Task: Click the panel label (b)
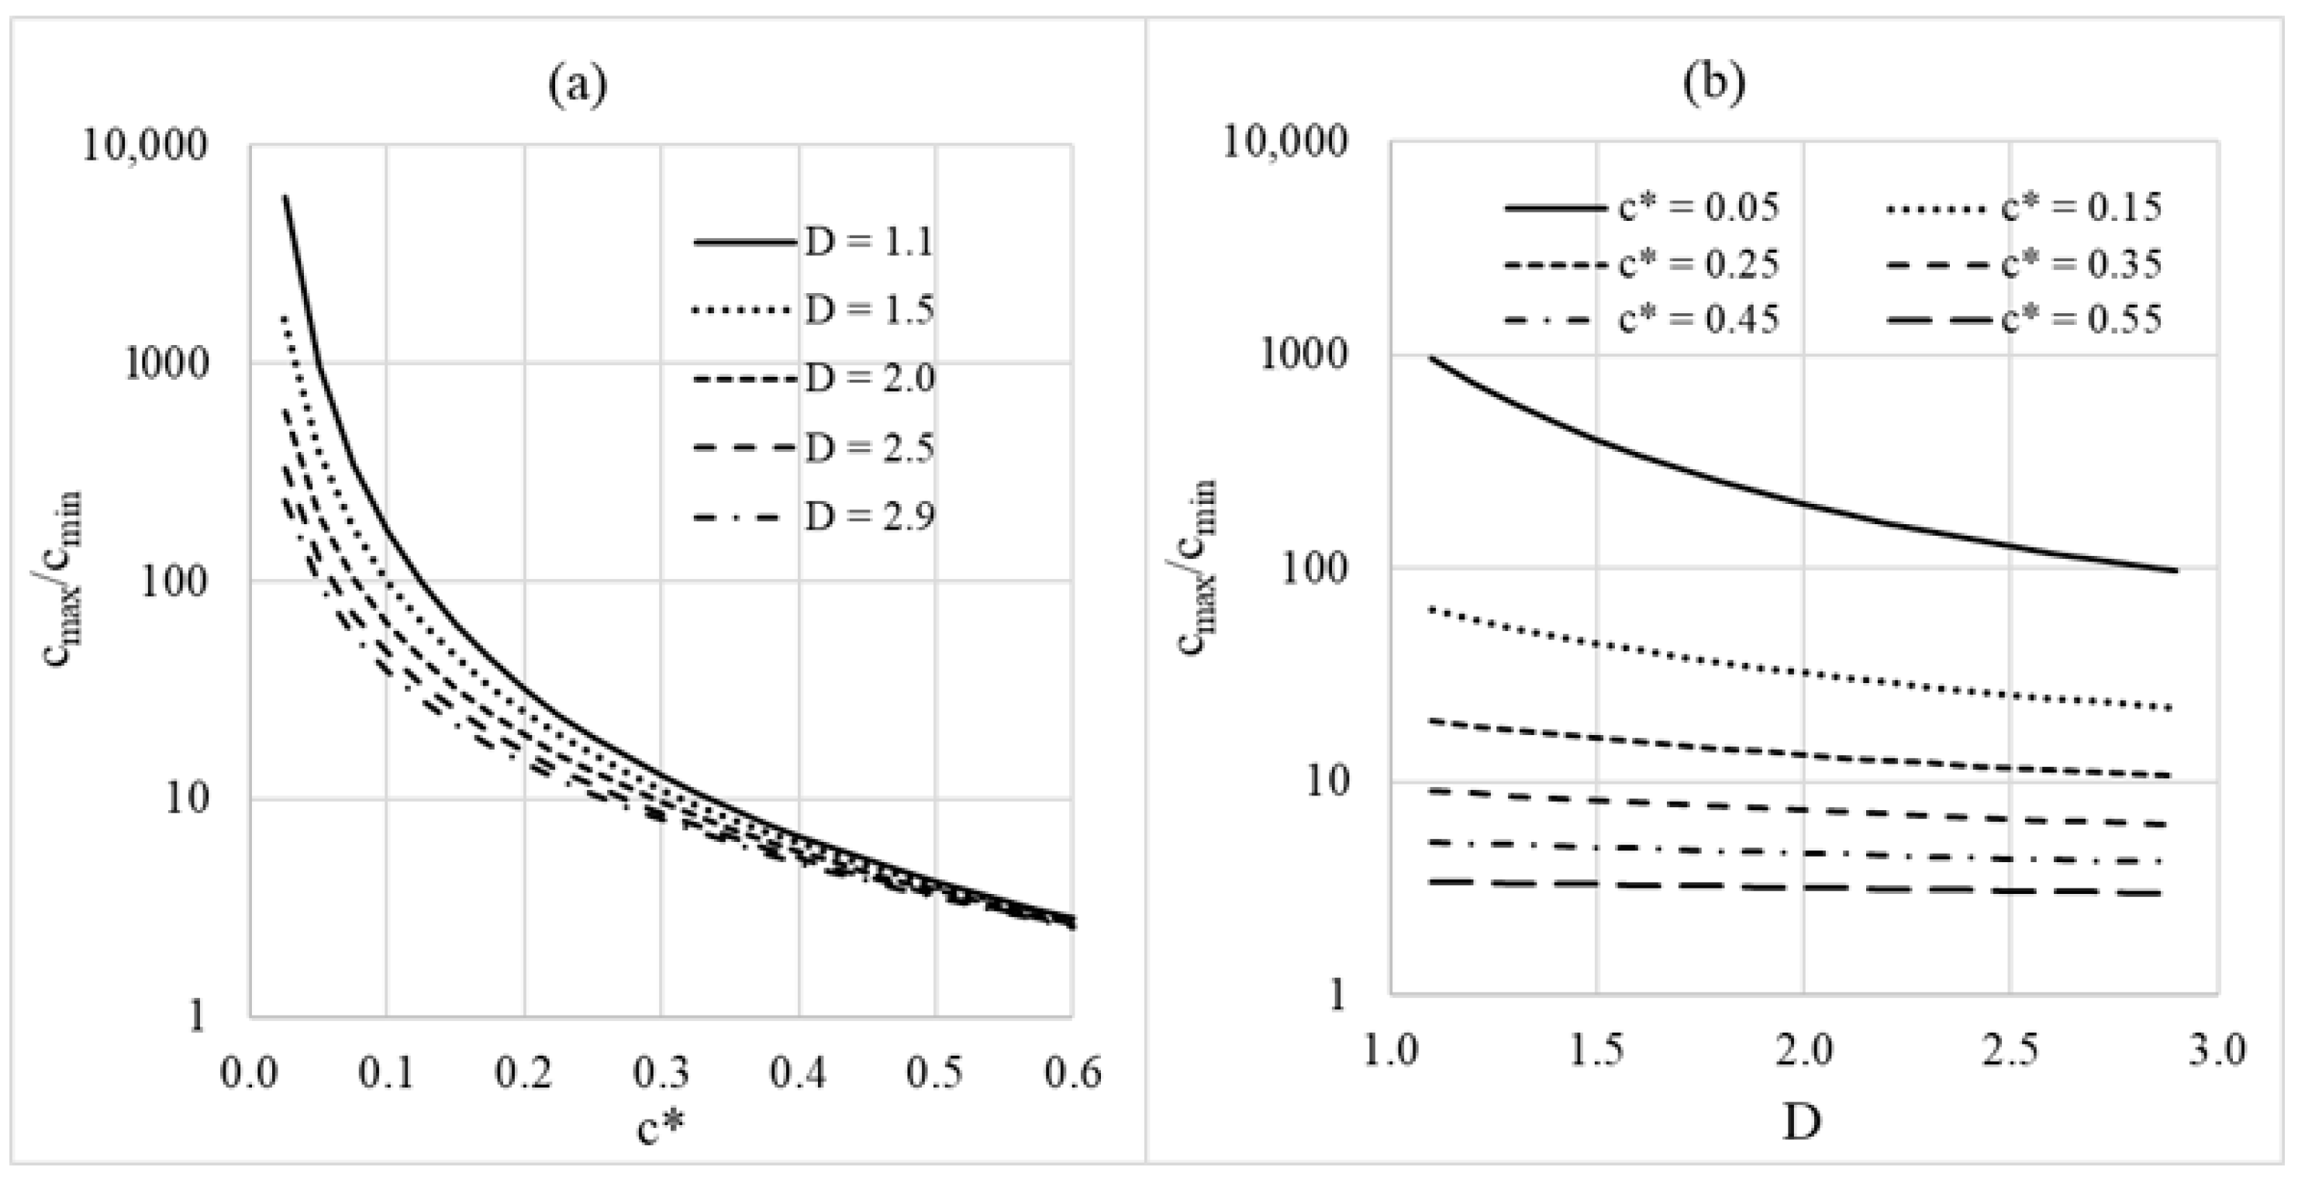tap(1714, 82)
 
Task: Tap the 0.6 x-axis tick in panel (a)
tap(1073, 1073)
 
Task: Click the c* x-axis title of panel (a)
tap(661, 1128)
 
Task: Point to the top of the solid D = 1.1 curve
tap(285, 197)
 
